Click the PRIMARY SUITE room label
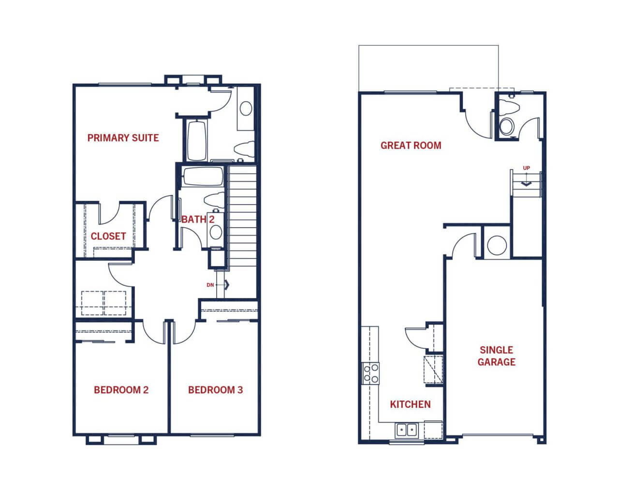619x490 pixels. tap(123, 138)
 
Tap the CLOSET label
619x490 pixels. tap(108, 236)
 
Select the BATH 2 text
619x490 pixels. tap(198, 220)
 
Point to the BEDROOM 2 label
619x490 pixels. tap(121, 390)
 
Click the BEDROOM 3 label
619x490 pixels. tap(216, 390)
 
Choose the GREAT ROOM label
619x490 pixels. tap(411, 145)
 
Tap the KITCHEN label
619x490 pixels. tap(410, 404)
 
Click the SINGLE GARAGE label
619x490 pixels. tap(497, 356)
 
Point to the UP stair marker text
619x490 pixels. tap(526, 168)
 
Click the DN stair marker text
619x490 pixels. tap(210, 285)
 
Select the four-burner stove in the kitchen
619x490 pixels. tap(371, 373)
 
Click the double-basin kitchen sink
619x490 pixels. tap(407, 430)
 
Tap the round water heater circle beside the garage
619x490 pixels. tap(497, 245)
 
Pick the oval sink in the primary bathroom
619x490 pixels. tap(246, 108)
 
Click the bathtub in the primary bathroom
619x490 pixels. tap(197, 141)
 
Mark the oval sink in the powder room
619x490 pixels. tap(506, 126)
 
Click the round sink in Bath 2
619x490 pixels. tap(216, 232)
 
